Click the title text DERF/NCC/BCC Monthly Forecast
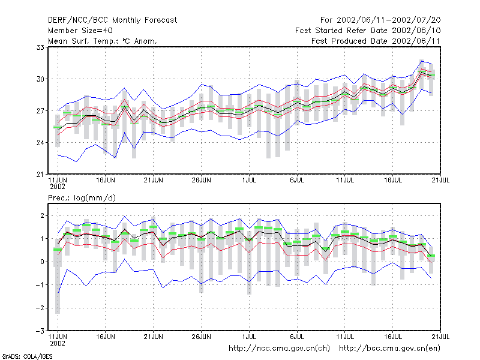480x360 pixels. [x=112, y=20]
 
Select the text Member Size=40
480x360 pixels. [x=80, y=31]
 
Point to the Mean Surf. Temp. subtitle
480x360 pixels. [x=103, y=41]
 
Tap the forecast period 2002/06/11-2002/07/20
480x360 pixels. [x=380, y=20]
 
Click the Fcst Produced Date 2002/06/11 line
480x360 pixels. [x=376, y=41]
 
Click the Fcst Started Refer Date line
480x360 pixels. [x=368, y=31]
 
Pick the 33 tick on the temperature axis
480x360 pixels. [x=40, y=47]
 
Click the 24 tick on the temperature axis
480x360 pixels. [x=40, y=143]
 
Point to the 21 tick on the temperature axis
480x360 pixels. [x=40, y=175]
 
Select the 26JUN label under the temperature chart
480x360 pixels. [x=202, y=181]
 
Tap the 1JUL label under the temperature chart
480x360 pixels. [x=249, y=181]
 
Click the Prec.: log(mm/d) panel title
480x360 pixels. [x=82, y=198]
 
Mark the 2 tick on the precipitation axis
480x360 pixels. [x=42, y=216]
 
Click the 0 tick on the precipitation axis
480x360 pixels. [x=42, y=262]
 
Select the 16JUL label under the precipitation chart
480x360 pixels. [x=393, y=337]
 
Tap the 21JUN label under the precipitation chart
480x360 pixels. [x=154, y=337]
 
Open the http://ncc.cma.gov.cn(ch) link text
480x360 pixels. [x=279, y=349]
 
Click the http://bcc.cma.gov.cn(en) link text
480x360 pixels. [x=389, y=349]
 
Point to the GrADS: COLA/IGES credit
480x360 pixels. [x=28, y=356]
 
